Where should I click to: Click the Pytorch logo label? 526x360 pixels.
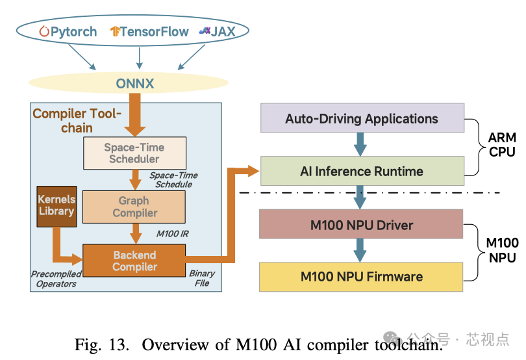[x=68, y=31]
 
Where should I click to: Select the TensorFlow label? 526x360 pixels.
[x=149, y=31]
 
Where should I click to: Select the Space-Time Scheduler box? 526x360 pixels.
[x=134, y=153]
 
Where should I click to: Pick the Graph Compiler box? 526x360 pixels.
[x=134, y=207]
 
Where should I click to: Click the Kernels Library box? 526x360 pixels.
[x=56, y=205]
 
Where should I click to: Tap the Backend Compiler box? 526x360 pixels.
[x=134, y=261]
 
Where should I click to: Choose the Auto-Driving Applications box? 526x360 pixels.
[x=362, y=119]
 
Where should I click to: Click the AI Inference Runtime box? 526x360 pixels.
[x=362, y=172]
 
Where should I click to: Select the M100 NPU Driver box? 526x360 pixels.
[x=361, y=225]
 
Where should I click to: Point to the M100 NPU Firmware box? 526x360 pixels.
[x=361, y=277]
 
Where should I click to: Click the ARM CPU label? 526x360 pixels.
[x=501, y=145]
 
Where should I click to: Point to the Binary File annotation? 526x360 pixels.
[x=202, y=278]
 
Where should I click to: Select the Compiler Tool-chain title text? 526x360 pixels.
[x=77, y=121]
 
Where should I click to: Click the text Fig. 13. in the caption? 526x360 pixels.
[x=103, y=344]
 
